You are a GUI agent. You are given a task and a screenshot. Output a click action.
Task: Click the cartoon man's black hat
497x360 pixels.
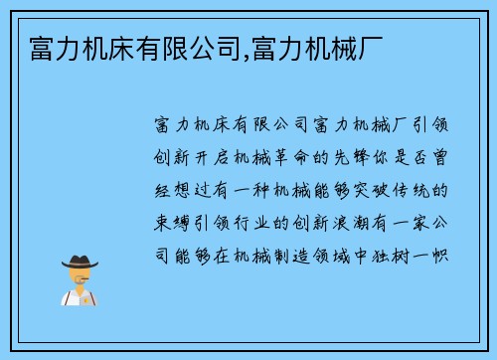coord(81,261)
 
